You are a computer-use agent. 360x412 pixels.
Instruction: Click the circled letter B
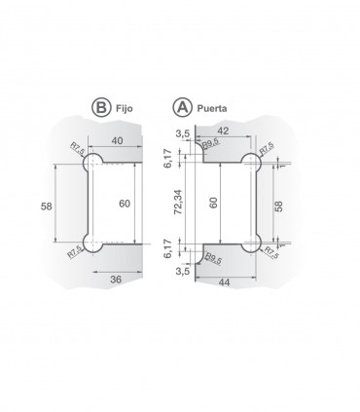point(101,107)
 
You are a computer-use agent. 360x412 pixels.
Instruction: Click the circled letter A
point(181,107)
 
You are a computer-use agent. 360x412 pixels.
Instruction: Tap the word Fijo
point(125,108)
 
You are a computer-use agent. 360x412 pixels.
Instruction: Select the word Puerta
point(212,108)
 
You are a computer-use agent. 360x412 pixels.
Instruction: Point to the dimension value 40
point(117,140)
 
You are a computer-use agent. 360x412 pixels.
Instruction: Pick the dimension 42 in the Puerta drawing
point(222,131)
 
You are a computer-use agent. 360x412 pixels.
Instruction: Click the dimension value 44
point(224,282)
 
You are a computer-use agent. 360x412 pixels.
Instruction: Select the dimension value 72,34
point(178,202)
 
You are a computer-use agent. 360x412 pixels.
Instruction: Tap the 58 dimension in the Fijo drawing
point(47,206)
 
